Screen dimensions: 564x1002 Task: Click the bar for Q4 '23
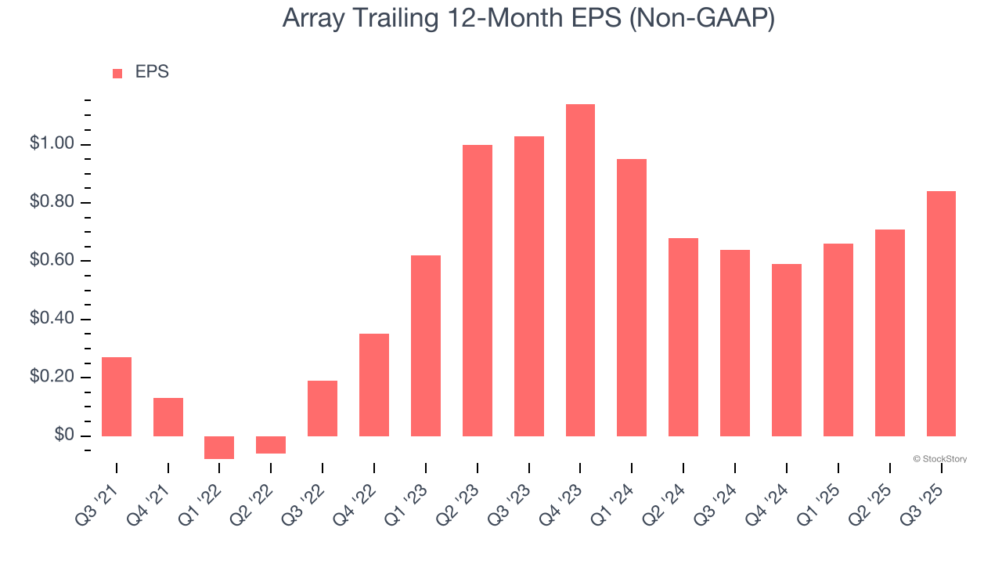coord(580,270)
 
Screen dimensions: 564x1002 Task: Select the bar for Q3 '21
coord(117,396)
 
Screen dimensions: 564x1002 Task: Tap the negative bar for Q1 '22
coord(219,447)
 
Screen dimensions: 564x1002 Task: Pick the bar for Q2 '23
coord(478,291)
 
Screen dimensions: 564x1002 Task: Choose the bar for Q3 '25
coord(941,313)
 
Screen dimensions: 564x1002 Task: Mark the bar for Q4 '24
coord(787,350)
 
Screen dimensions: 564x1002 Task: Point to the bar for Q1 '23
coord(426,345)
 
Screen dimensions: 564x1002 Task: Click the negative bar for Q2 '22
coord(271,445)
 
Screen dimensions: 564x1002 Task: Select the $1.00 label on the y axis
coord(52,145)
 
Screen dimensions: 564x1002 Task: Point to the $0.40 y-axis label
coord(52,320)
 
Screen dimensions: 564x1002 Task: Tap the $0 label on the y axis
coord(64,436)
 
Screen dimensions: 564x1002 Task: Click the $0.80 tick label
coord(52,203)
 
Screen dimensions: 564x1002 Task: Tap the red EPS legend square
coord(117,74)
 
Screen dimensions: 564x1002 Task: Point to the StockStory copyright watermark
coord(939,459)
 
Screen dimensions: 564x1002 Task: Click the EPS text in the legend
coord(152,72)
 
